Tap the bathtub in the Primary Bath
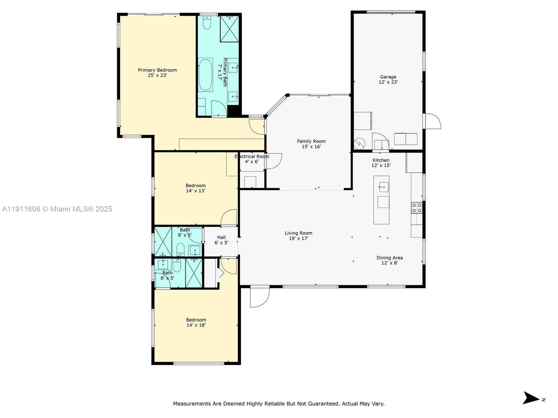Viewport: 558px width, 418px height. [x=206, y=75]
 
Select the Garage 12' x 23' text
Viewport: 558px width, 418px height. [x=388, y=80]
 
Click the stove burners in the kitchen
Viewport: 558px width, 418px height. [x=416, y=208]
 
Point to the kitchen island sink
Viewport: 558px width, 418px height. [x=383, y=187]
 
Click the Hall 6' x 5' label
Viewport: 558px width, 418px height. [x=221, y=240]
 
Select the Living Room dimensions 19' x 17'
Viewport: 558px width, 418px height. [x=298, y=239]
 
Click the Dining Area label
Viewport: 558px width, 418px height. [x=390, y=258]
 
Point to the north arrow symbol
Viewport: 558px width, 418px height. [x=531, y=398]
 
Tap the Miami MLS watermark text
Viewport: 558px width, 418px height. [x=57, y=209]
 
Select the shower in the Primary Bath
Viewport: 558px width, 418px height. [x=229, y=29]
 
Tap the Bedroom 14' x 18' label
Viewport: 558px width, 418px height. [x=196, y=322]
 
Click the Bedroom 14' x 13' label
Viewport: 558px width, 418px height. [x=195, y=188]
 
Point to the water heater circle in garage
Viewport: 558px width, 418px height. [x=360, y=143]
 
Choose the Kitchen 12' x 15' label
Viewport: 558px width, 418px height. [x=381, y=163]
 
